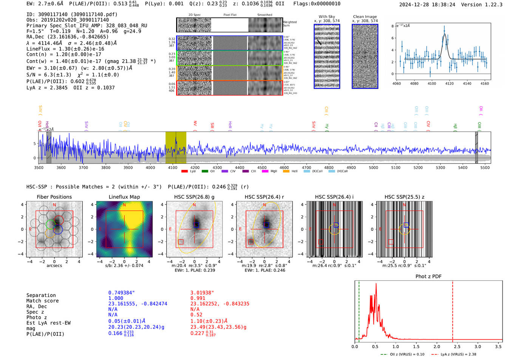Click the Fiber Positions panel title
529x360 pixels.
point(54,197)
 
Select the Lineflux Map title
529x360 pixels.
point(124,197)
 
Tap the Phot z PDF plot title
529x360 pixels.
point(428,277)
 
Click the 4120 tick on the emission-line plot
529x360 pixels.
point(449,83)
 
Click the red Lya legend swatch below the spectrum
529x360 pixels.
point(184,171)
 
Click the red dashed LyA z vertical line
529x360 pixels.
point(453,310)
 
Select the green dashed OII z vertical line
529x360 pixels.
point(359,310)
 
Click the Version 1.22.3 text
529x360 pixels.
point(482,5)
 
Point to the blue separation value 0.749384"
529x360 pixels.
point(121,293)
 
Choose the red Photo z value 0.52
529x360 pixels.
point(196,315)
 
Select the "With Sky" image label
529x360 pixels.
point(327,17)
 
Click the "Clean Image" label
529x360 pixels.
point(365,17)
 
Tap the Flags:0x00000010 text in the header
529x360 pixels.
point(317,4)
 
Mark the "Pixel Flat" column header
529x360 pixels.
point(230,15)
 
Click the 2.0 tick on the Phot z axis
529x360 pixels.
point(437,346)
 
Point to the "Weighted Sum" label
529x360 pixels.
point(289,24)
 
